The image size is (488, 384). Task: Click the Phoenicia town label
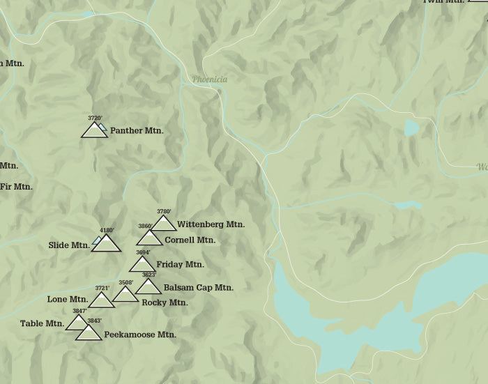[x=210, y=80]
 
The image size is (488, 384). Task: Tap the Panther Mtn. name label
[x=136, y=130]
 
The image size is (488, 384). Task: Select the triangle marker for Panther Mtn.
[x=94, y=130]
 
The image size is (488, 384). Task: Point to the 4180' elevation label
[x=107, y=230]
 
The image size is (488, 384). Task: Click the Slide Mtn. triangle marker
[x=107, y=243]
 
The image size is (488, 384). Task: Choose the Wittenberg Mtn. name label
[x=211, y=224]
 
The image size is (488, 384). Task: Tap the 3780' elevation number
[x=164, y=211]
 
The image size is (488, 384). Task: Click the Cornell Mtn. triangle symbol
[x=149, y=238]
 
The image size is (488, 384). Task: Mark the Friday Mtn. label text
[x=180, y=264]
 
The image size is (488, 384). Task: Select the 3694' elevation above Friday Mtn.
[x=143, y=252]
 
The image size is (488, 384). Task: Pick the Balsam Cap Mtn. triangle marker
[x=148, y=286]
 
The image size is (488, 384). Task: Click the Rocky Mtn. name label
[x=165, y=302]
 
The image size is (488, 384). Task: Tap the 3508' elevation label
[x=125, y=282]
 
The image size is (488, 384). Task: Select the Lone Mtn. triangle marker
[x=102, y=300]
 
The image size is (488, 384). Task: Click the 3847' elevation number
[x=79, y=311]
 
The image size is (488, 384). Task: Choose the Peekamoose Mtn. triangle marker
[x=89, y=333]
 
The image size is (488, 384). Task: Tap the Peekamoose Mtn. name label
[x=139, y=335]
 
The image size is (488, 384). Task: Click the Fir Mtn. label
[x=16, y=187]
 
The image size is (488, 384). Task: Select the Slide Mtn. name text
[x=69, y=245]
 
